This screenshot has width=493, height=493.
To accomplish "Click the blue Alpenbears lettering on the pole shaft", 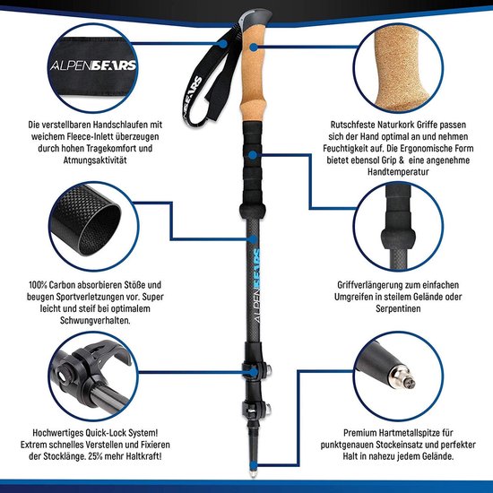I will point(255,259).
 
